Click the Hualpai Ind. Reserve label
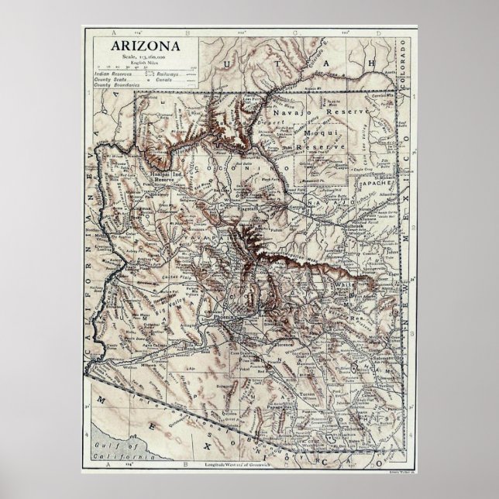point(163,177)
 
